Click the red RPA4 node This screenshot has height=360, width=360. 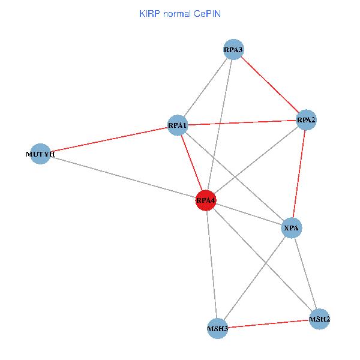[206, 200]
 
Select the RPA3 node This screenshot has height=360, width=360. [233, 50]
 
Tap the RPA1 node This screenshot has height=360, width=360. [178, 125]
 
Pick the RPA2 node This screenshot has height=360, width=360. [306, 120]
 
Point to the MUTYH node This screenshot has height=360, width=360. [40, 154]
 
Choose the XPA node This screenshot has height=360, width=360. [292, 228]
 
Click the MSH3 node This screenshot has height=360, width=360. [217, 328]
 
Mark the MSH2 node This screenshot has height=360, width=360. [319, 319]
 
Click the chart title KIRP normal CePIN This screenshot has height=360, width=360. [179, 13]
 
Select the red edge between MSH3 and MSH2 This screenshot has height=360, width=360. [268, 323]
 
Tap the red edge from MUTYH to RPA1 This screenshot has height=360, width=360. [109, 140]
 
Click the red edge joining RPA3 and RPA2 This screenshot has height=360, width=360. [269, 85]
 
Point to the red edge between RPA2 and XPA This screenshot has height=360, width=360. [299, 174]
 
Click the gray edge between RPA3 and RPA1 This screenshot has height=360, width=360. [205, 88]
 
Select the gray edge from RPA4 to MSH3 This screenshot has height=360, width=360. [211, 264]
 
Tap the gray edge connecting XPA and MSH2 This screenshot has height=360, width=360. [305, 273]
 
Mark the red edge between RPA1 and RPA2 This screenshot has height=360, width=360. [242, 123]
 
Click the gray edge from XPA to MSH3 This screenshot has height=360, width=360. [254, 278]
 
